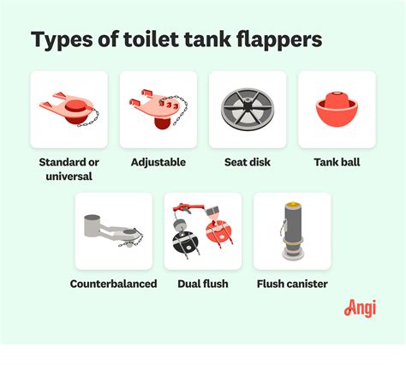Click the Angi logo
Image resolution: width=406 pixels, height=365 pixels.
tap(360, 308)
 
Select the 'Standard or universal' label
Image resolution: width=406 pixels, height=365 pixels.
tap(69, 169)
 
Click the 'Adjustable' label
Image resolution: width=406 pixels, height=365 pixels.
tap(158, 161)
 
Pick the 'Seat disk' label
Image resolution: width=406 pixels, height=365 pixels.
tap(248, 161)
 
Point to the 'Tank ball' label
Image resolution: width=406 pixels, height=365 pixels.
tap(337, 161)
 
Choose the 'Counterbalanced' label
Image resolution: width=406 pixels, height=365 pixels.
tap(113, 284)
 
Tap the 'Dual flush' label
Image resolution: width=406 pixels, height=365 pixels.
tap(203, 284)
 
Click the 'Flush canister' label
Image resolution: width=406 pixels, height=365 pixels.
tap(292, 284)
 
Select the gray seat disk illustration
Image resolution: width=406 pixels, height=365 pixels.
tap(248, 110)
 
